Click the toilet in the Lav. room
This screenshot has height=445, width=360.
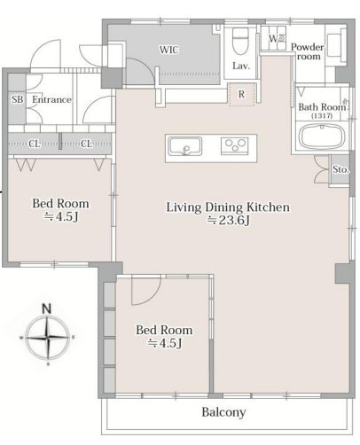[x=239, y=41]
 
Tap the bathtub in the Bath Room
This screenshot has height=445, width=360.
[x=322, y=137]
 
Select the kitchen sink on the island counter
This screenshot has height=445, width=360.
[x=185, y=146]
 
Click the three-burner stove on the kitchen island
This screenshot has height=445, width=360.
[x=235, y=145]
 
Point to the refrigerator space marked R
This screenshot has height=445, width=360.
[x=241, y=94]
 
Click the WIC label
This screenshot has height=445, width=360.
[x=169, y=50]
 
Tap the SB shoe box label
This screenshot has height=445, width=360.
[x=18, y=99]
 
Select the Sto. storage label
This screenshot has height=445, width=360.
[x=340, y=169]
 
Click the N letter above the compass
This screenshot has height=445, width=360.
[x=47, y=308]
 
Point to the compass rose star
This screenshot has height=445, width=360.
[x=47, y=337]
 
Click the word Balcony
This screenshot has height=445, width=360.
[x=223, y=412]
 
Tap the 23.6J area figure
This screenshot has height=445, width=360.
[x=234, y=220]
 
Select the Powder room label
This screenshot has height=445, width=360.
[x=308, y=51]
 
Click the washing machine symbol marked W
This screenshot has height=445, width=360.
[x=277, y=38]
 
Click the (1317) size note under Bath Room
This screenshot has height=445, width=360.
[x=322, y=115]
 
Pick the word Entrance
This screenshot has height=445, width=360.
[x=51, y=99]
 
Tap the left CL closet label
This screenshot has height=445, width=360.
[x=35, y=144]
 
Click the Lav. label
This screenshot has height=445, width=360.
[x=241, y=66]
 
